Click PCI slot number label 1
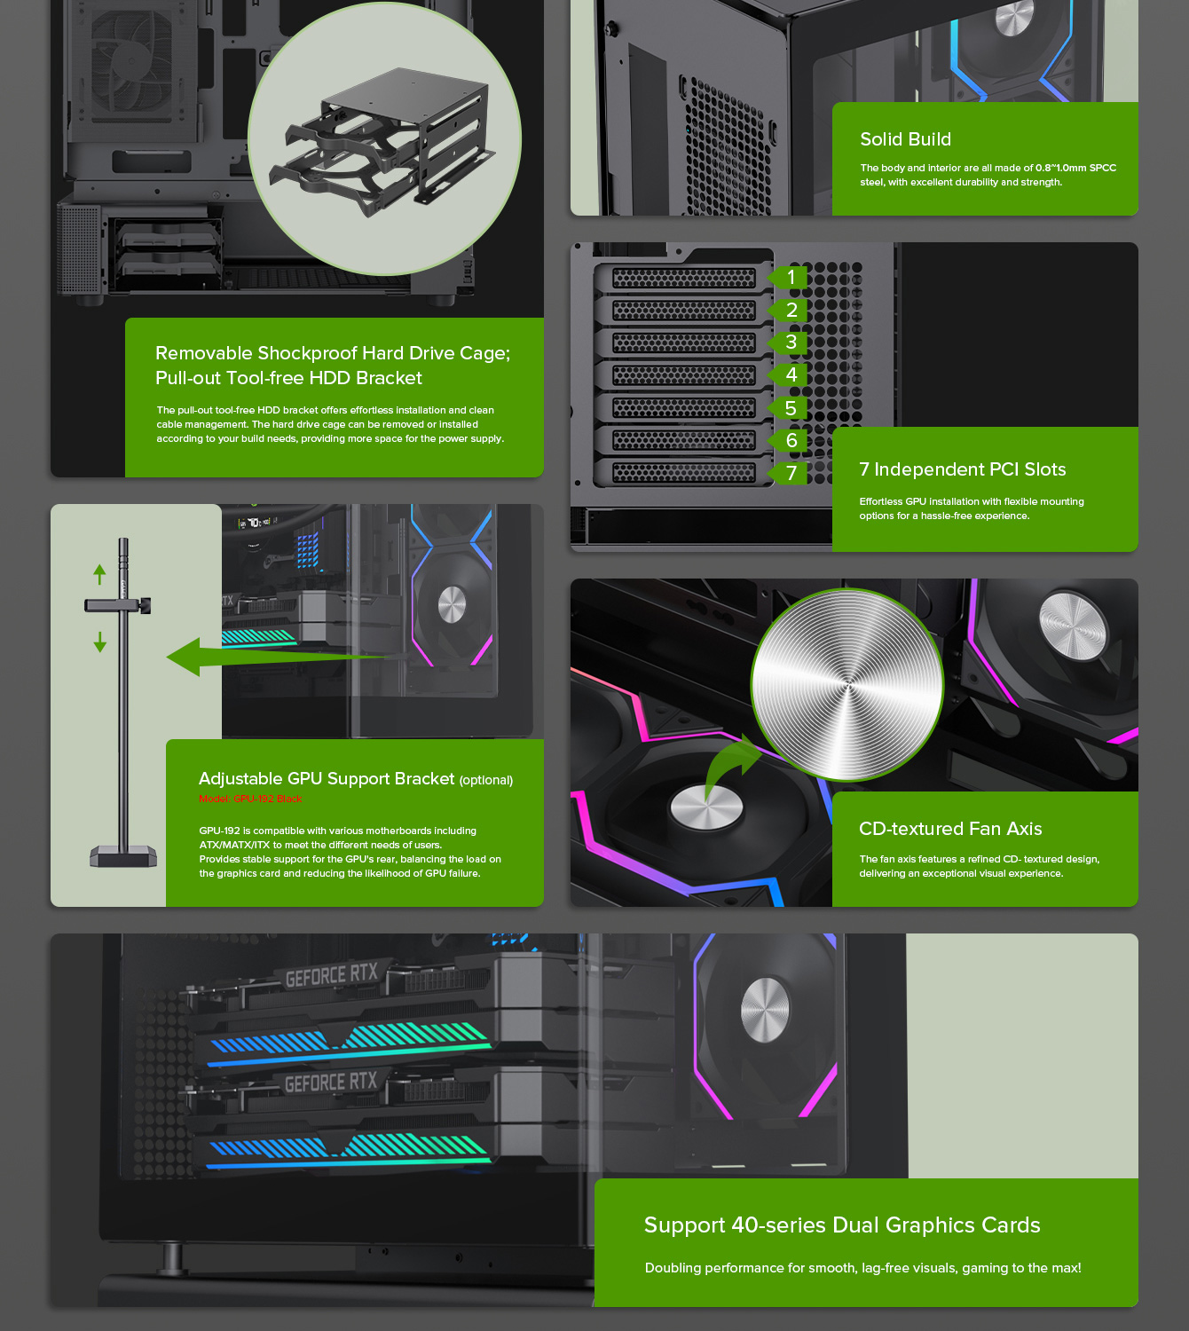pyautogui.click(x=791, y=278)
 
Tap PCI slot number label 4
pyautogui.click(x=791, y=375)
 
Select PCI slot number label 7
pyautogui.click(x=791, y=473)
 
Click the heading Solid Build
pyautogui.click(x=905, y=139)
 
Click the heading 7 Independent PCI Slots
pyautogui.click(x=962, y=469)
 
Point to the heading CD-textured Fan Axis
pyautogui.click(x=949, y=829)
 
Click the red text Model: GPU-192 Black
pyautogui.click(x=250, y=799)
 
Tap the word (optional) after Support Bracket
pyautogui.click(x=485, y=780)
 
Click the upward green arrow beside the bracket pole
pyautogui.click(x=99, y=574)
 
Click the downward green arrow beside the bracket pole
pyautogui.click(x=99, y=642)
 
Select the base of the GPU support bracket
pyautogui.click(x=123, y=857)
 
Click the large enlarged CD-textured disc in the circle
pyautogui.click(x=846, y=685)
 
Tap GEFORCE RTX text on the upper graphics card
pyautogui.click(x=331, y=975)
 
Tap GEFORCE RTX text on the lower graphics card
pyautogui.click(x=331, y=1083)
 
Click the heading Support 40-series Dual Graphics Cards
pyautogui.click(x=841, y=1225)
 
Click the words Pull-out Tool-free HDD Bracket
pyautogui.click(x=288, y=378)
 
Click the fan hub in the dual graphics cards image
pyautogui.click(x=764, y=1011)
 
